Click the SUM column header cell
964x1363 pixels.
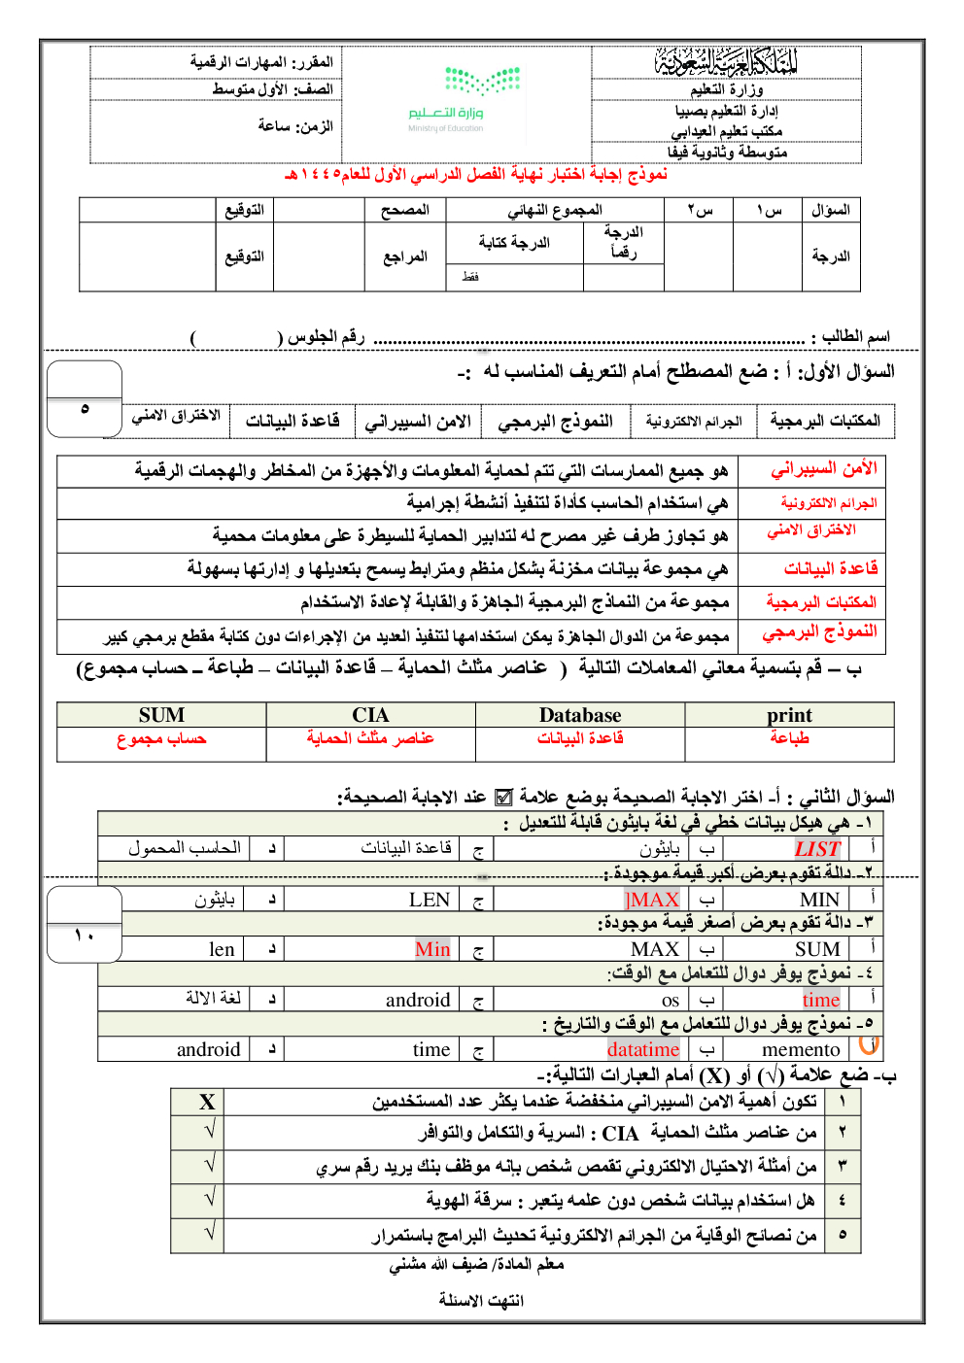[161, 715]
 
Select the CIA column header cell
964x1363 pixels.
[370, 715]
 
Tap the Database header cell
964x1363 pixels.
[580, 715]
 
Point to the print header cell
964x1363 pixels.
[789, 715]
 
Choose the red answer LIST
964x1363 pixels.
[816, 849]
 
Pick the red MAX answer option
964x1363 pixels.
[653, 900]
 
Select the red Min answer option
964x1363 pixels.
[432, 949]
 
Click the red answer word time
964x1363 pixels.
[820, 1000]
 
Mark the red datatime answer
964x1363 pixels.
[643, 1049]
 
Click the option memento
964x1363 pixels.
[801, 1049]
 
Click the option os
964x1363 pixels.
[671, 1000]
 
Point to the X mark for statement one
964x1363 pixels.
[207, 1102]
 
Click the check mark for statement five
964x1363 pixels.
[209, 1233]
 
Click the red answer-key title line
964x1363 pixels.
[475, 175]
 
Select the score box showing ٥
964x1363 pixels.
[85, 409]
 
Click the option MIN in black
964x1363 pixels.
[819, 900]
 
